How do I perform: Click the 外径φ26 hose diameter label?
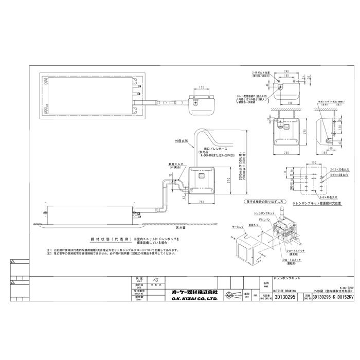[x=182, y=140]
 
